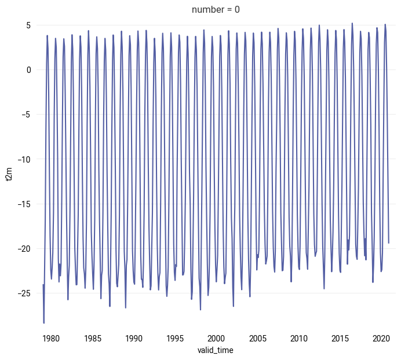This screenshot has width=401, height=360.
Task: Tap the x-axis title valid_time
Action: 216,350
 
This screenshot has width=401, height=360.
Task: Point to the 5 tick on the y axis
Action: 28,25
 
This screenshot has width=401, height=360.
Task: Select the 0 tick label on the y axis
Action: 28,70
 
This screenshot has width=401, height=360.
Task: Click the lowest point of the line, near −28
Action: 44,322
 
